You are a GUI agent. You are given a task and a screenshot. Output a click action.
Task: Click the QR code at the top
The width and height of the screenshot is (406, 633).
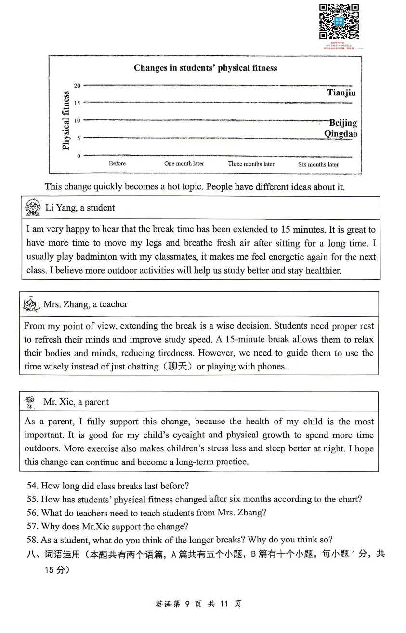(x=339, y=21)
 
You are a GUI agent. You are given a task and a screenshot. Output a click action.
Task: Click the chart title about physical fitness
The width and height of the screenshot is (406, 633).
(x=205, y=68)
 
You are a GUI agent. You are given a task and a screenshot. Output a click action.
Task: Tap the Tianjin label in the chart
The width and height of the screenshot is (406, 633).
(x=341, y=92)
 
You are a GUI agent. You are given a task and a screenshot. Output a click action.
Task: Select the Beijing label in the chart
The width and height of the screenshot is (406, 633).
(x=343, y=123)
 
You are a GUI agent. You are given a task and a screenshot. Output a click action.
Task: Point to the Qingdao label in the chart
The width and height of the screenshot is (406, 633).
(x=341, y=134)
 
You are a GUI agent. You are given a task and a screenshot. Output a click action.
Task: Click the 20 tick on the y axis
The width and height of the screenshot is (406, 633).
(x=77, y=86)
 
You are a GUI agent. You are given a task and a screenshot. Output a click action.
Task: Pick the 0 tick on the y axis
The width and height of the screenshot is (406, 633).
(x=79, y=156)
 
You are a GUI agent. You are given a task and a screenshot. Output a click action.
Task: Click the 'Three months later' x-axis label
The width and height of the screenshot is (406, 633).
(x=251, y=164)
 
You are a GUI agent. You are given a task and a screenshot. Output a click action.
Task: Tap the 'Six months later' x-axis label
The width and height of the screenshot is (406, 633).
(x=318, y=165)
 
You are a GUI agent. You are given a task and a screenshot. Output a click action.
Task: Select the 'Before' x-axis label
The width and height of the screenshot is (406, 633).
(x=117, y=164)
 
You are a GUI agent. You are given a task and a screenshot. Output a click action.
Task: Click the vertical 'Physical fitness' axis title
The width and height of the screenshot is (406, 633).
(x=66, y=120)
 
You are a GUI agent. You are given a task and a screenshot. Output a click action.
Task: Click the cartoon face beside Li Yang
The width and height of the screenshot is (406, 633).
(x=33, y=208)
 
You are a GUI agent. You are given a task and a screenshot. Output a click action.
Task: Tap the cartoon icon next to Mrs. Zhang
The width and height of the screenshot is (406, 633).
(x=31, y=305)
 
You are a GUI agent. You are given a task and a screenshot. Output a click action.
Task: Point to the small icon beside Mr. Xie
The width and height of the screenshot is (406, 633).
(x=30, y=402)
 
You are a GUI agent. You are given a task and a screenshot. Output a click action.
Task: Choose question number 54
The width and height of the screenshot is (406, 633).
(x=32, y=486)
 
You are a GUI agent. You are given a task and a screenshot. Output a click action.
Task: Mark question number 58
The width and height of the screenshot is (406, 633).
(x=32, y=540)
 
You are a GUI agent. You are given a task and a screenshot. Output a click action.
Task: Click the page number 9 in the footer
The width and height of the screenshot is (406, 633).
(x=187, y=604)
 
